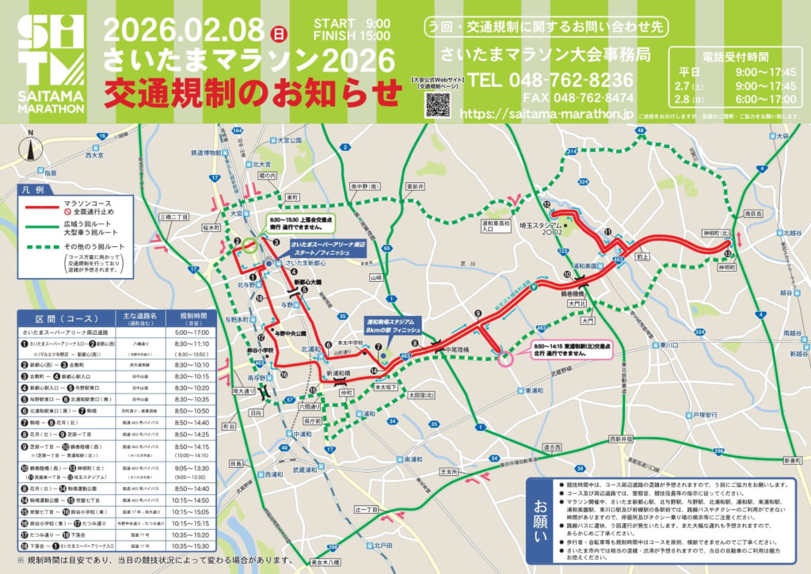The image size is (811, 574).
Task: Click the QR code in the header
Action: [x=437, y=105]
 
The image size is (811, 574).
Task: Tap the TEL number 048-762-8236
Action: [x=551, y=80]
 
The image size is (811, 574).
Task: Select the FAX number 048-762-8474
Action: [x=578, y=98]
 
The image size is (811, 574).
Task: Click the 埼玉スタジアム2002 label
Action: [x=540, y=230]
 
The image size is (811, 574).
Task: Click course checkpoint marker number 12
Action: [x=546, y=204]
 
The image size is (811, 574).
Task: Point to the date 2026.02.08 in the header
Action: [x=183, y=30]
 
